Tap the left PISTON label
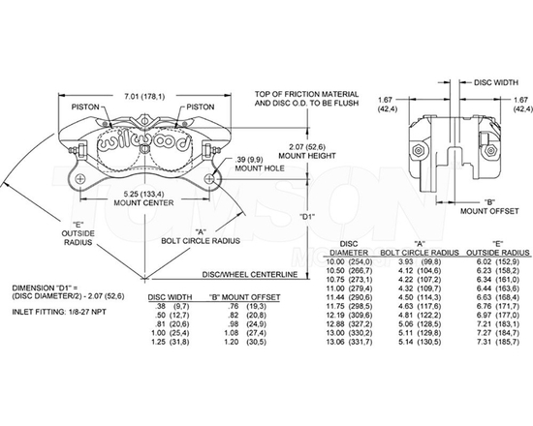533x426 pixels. tap(82, 106)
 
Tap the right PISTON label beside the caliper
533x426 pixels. tap(201, 106)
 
